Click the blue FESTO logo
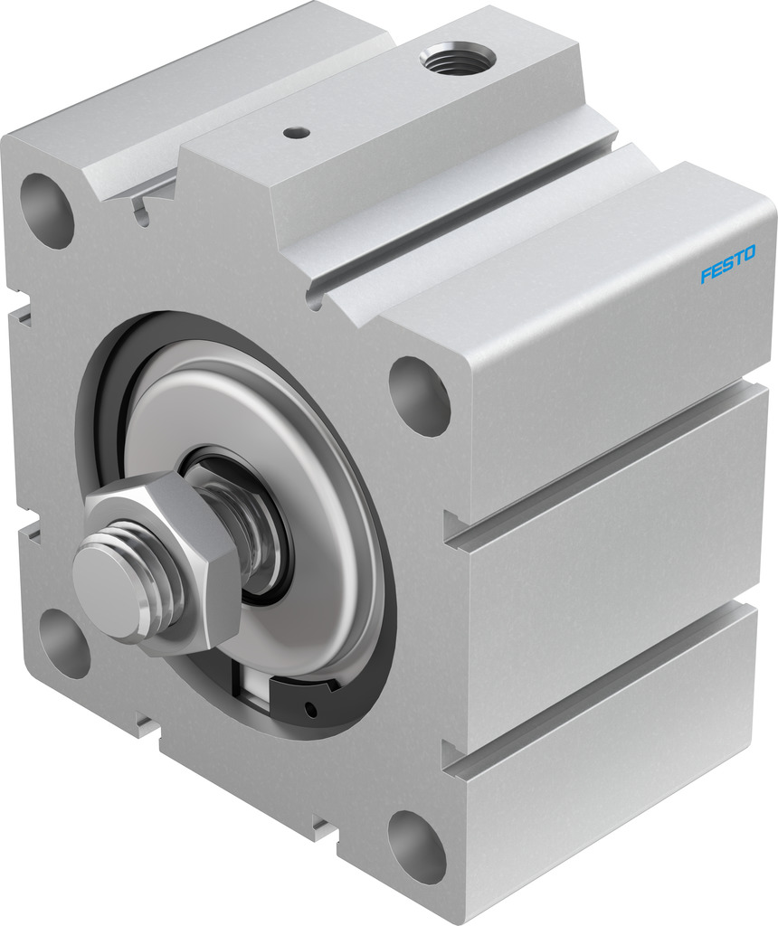tap(727, 264)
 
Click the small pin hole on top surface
tap(292, 133)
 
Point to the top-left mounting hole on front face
tap(47, 210)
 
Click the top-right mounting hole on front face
tap(419, 396)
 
